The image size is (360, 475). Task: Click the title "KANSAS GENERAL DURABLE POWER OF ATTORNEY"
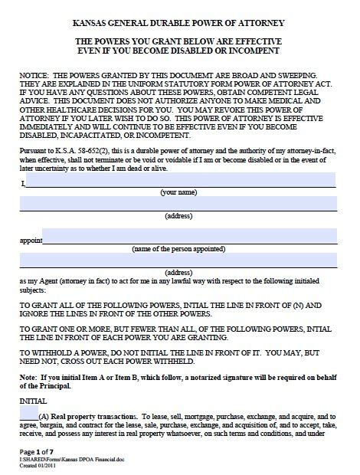(x=181, y=23)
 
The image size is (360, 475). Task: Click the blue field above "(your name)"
(x=181, y=181)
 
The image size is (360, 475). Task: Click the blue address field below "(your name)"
(x=178, y=203)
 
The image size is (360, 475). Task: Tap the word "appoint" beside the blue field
(x=30, y=240)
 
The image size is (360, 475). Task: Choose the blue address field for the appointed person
(x=178, y=260)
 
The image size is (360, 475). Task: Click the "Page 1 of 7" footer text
(x=39, y=451)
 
